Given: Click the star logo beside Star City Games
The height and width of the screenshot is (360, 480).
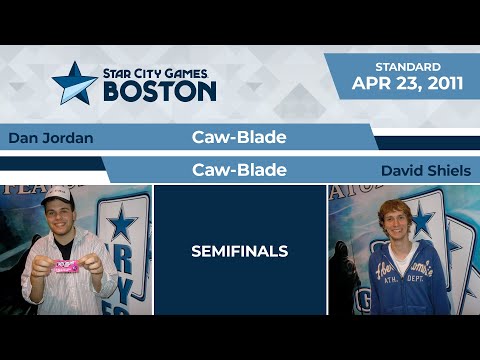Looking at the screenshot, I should (x=74, y=83).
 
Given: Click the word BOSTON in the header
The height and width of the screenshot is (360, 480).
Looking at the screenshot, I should (x=160, y=91).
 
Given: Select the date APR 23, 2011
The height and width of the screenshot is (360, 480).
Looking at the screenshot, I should (x=407, y=84).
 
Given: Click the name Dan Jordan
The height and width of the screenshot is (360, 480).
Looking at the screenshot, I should (x=50, y=138).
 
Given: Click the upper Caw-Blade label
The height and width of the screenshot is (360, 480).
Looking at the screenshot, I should (x=239, y=137).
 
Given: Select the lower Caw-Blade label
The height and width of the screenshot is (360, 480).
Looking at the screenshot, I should (x=239, y=170).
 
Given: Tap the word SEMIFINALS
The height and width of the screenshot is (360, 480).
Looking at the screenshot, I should (x=239, y=252).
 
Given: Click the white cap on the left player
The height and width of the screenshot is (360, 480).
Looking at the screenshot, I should (x=57, y=197).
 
